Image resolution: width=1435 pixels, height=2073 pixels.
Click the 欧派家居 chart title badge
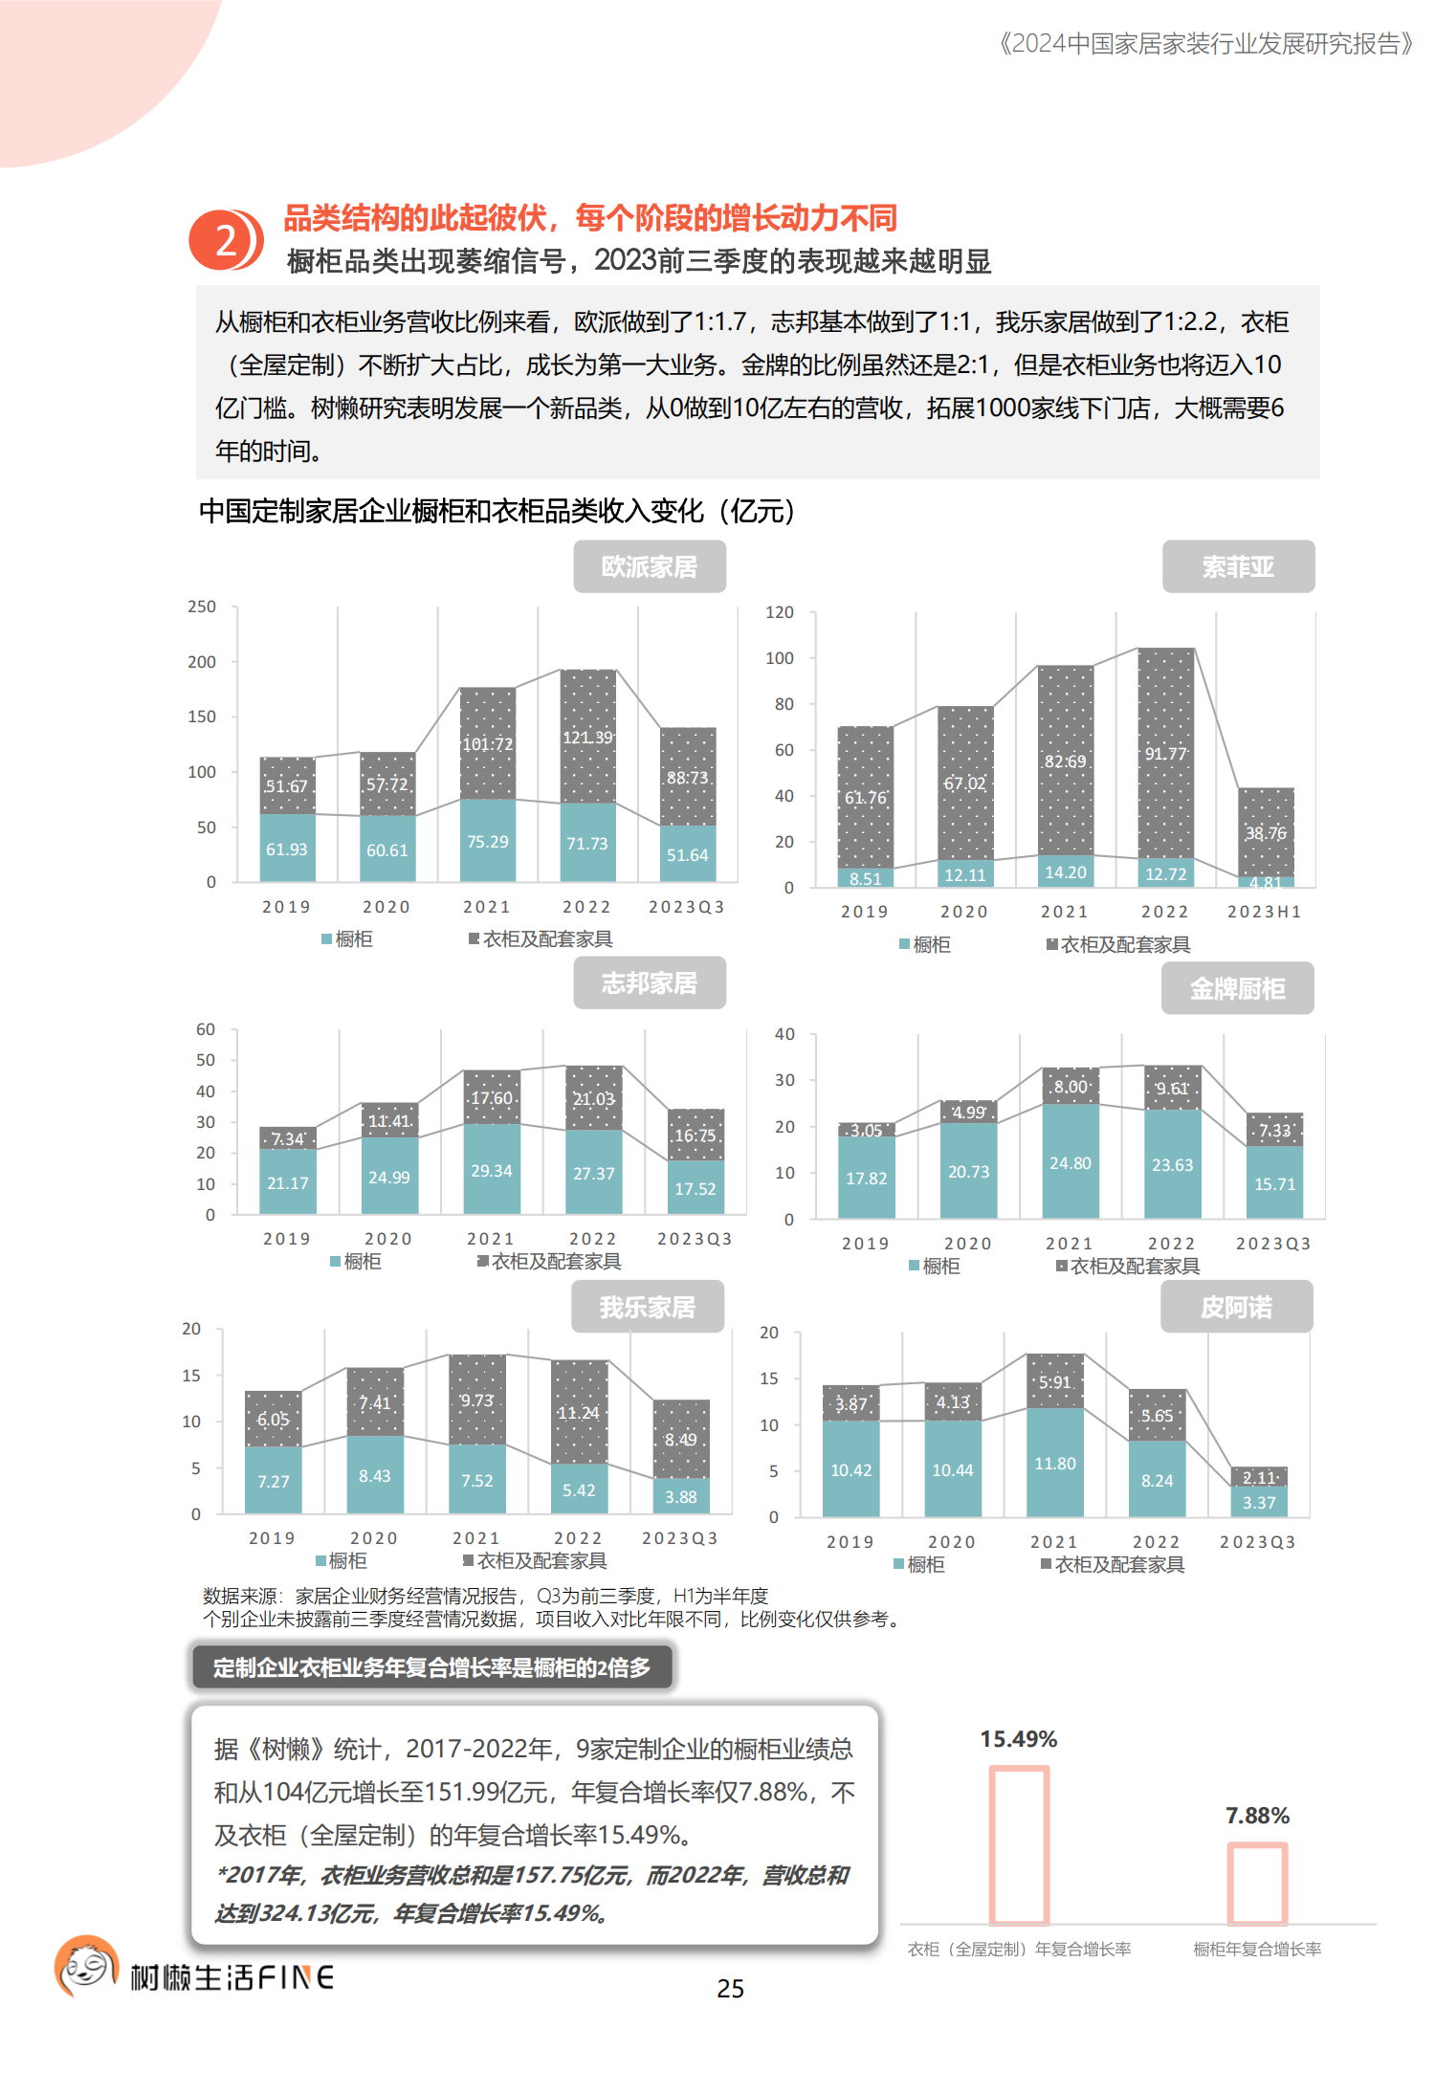650,567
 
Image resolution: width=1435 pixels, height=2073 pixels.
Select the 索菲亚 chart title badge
1238,567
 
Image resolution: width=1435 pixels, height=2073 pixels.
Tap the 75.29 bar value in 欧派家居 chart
488,842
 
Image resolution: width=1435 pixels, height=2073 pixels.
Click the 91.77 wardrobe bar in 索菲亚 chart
1166,754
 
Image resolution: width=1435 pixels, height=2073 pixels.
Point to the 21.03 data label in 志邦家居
594,1099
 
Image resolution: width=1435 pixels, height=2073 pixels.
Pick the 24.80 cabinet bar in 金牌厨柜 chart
1070,1163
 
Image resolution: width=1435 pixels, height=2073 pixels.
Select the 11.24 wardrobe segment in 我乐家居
579,1413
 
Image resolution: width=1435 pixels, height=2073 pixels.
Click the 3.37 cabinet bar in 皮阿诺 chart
1259,1503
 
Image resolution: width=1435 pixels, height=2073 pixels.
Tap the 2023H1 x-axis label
1265,912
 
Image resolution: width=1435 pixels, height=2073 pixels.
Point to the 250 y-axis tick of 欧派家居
202,606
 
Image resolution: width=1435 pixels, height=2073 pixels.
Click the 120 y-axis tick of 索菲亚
780,612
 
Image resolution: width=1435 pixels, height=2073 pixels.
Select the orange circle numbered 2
225,240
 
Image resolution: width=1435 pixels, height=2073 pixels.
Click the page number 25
730,1989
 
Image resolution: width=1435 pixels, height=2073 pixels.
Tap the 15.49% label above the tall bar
1018,1739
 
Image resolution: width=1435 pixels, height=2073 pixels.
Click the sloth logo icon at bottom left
87,1967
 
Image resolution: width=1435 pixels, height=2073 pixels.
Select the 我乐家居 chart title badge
648,1307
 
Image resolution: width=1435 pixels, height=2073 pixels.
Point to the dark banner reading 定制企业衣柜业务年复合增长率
431,1667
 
